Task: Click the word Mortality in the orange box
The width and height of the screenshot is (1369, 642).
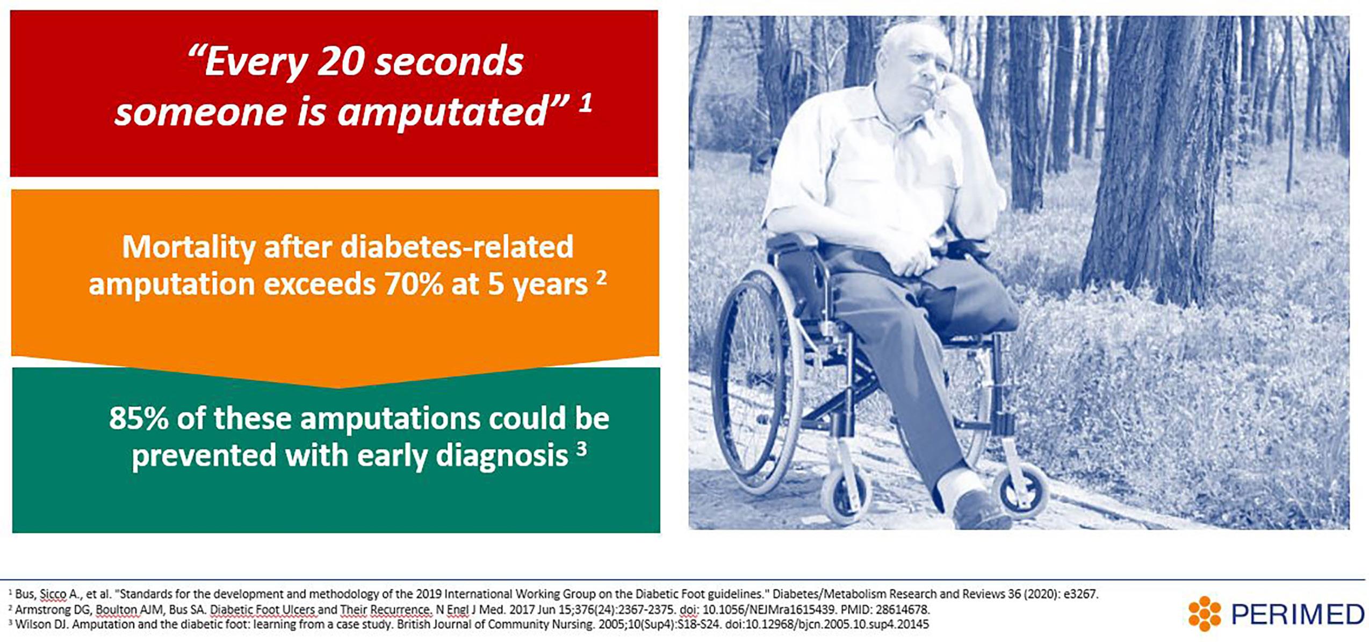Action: click(x=189, y=248)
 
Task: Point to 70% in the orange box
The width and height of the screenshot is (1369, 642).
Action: click(x=414, y=284)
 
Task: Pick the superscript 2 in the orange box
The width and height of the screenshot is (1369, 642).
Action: click(x=601, y=277)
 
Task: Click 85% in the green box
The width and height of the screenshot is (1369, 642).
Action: click(x=139, y=418)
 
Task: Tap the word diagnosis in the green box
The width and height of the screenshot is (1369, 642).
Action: click(x=502, y=456)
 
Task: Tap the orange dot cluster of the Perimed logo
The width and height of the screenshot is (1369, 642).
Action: click(x=1204, y=614)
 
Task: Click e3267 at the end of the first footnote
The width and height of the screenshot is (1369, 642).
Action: click(x=1080, y=594)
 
